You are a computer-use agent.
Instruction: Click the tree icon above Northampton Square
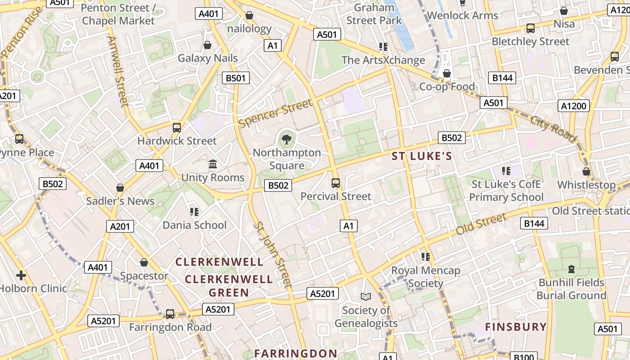(x=286, y=139)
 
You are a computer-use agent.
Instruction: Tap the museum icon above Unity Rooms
(x=213, y=164)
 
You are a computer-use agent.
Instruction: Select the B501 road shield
(x=236, y=78)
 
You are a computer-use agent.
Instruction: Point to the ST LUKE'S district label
(x=422, y=156)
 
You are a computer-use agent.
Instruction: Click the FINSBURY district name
(x=516, y=327)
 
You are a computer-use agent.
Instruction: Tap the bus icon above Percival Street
(x=336, y=183)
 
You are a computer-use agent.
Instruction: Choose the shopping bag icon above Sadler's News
(x=120, y=188)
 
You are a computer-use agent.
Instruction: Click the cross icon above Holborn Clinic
(x=21, y=275)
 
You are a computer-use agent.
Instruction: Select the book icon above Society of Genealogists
(x=366, y=297)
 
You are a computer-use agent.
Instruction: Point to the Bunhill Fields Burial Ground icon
(x=571, y=269)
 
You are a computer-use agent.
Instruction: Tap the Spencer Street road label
(x=275, y=113)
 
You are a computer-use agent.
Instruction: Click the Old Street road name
(x=481, y=224)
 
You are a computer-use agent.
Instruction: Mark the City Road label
(x=553, y=129)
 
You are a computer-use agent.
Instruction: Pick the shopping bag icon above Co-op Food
(x=447, y=73)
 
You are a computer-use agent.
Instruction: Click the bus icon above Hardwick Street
(x=177, y=128)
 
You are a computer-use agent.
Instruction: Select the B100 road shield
(x=524, y=357)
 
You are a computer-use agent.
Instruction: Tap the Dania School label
(x=194, y=225)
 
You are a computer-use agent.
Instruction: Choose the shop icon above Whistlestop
(x=586, y=171)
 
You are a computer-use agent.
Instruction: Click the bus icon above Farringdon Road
(x=170, y=314)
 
